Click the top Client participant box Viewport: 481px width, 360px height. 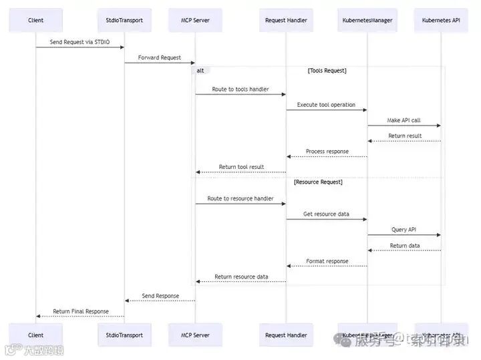(35, 20)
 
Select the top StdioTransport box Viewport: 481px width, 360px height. (124, 20)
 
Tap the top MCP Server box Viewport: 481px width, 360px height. (195, 20)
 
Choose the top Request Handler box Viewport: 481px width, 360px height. (286, 20)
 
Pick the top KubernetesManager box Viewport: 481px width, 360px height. (367, 20)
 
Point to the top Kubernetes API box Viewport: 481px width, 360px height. (441, 20)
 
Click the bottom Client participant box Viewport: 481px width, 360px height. (35, 335)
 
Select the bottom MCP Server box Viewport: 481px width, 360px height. (195, 335)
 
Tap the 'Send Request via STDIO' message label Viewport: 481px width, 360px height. (79, 42)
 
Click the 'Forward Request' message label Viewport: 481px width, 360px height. (160, 58)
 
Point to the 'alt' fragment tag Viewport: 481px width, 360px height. (200, 71)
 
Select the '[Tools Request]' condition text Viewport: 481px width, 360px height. (327, 71)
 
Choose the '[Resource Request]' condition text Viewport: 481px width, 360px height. (318, 182)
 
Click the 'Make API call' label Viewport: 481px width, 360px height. (404, 120)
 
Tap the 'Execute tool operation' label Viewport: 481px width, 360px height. (326, 105)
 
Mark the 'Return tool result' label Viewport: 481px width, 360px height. (241, 167)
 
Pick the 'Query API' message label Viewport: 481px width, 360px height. (404, 230)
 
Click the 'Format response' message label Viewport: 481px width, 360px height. (327, 261)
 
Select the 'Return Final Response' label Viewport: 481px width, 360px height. (80, 311)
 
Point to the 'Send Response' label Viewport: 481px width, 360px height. (160, 295)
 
